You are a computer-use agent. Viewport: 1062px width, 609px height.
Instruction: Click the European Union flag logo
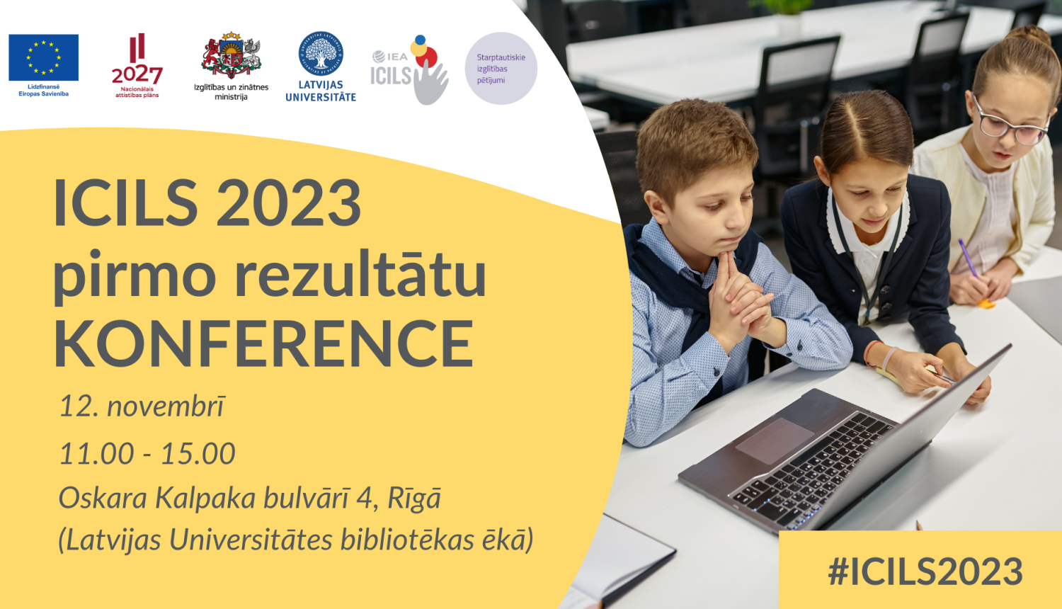coord(44,57)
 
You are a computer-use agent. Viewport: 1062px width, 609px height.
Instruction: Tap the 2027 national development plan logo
coord(137,65)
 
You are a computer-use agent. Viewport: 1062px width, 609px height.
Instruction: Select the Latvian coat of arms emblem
coord(232,55)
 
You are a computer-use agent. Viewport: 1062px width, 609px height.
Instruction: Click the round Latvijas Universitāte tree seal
coord(321,54)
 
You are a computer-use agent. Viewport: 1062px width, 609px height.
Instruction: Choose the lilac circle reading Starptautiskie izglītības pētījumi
coord(501,68)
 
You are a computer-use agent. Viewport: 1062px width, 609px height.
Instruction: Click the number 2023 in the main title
coord(289,203)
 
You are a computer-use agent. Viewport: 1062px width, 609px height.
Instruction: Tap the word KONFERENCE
coord(263,343)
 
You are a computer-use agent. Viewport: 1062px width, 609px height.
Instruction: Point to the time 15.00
coord(198,453)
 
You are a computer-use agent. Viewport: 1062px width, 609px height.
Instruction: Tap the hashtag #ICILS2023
coord(925,571)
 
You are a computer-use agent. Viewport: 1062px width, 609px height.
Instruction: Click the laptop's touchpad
coord(775,441)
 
